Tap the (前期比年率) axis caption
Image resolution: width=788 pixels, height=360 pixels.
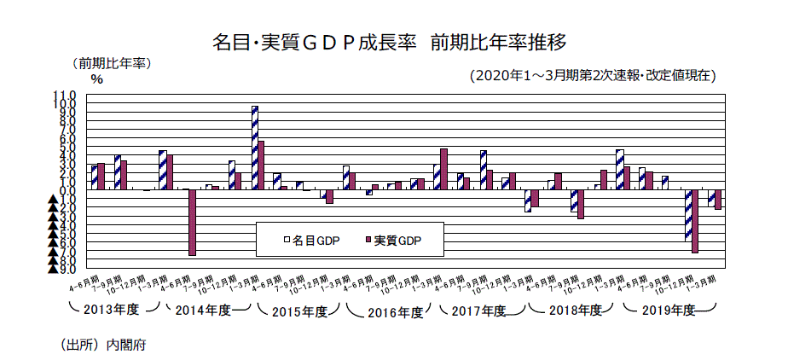point(111,63)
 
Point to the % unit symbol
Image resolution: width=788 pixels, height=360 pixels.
point(96,79)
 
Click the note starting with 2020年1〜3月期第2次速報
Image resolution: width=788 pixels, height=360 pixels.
point(593,76)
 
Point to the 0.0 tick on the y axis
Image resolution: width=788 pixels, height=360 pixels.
point(67,190)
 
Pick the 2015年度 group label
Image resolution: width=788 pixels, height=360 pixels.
point(299,311)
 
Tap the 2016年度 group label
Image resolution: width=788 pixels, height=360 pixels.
point(395,311)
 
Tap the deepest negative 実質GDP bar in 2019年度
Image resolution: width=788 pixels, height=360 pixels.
point(695,221)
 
